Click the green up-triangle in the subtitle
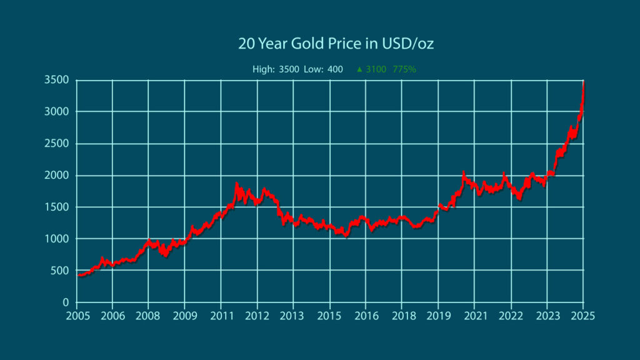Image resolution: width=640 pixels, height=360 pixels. point(359,69)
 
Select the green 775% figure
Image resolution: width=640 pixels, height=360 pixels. point(404,69)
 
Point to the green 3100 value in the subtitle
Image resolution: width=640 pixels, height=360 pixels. point(376,69)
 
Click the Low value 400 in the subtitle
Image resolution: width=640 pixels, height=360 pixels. point(335,69)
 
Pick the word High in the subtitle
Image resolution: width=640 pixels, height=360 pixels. point(263,69)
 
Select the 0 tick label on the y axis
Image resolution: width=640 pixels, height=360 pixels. point(66,302)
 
